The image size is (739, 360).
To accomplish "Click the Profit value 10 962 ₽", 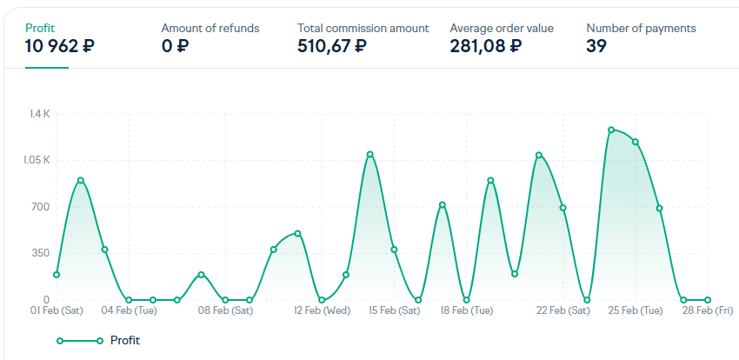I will point(60,46).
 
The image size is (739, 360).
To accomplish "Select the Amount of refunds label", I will point(210,28).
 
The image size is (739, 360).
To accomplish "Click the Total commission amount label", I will point(363,28).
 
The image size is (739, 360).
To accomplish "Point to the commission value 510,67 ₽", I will point(331,46).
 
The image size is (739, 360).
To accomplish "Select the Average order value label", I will point(501,28).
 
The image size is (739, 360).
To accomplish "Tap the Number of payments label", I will point(641,28).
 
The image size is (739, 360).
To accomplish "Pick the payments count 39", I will point(596,46).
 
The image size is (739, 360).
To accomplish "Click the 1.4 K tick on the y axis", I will point(40,114).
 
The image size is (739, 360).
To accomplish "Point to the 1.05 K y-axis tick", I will point(37,160).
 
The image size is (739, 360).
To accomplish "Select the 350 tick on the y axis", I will point(41,253).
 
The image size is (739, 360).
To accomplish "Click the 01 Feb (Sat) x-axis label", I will point(57,310).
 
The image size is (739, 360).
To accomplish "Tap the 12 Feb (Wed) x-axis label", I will point(322,310).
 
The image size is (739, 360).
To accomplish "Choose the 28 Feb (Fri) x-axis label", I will point(707,310).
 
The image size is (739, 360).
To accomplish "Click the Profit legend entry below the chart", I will point(124,340).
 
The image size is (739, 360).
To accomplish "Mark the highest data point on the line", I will point(611,130).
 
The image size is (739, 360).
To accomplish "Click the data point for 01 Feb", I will point(57,275).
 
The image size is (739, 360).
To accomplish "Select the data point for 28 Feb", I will point(708,300).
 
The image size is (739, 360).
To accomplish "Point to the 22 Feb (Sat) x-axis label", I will point(563,310).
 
